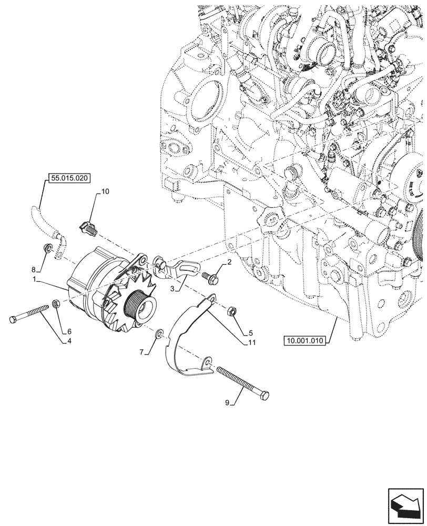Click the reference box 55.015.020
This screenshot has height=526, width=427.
tap(70, 178)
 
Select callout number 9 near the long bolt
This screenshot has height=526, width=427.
tap(227, 403)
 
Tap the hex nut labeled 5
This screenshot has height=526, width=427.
tap(231, 312)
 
